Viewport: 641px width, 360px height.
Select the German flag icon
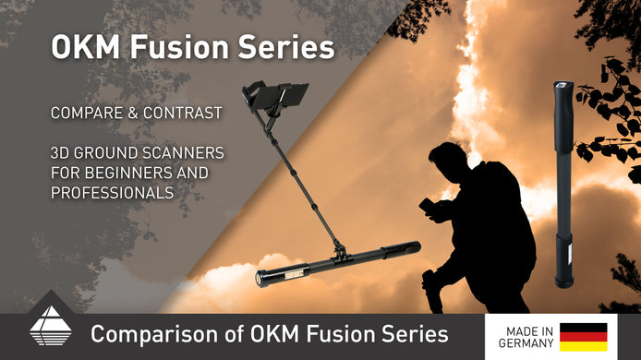point(583,337)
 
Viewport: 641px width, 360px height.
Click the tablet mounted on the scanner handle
point(276,97)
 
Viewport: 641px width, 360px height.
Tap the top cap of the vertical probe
point(561,88)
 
